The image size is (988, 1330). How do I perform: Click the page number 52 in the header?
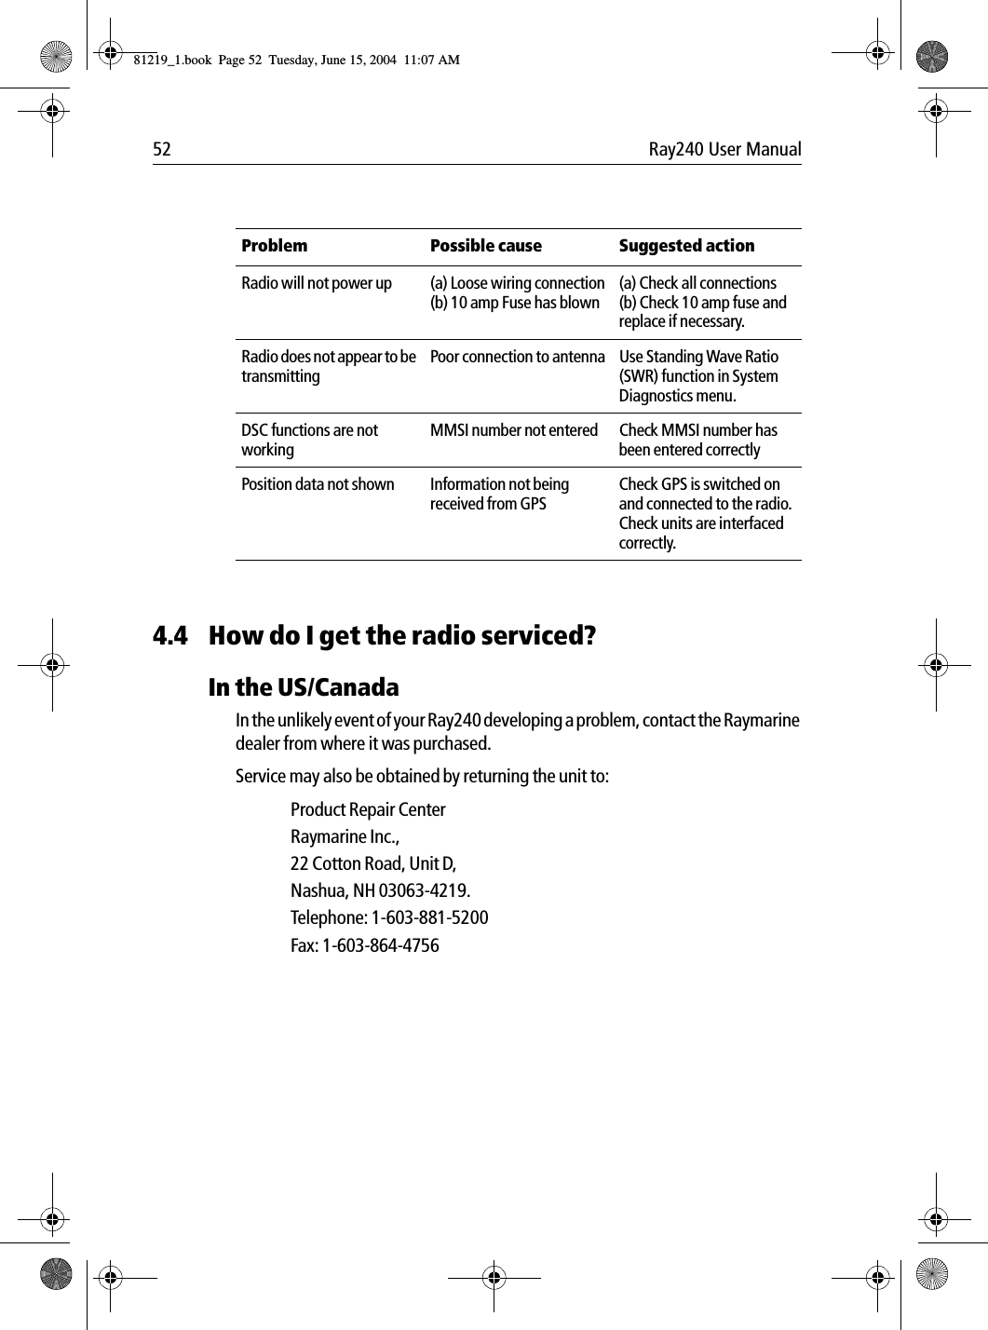[x=162, y=150]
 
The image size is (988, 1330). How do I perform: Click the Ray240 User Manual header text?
[x=724, y=150]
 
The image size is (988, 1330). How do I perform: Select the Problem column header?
[x=274, y=246]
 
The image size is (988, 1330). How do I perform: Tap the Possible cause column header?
[x=485, y=246]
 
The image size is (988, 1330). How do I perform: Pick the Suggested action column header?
[x=686, y=246]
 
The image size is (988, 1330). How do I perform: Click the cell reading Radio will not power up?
[x=317, y=283]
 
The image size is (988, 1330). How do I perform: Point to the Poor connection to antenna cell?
[x=517, y=357]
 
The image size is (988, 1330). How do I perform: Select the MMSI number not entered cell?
[x=513, y=430]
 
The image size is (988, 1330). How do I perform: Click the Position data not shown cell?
[x=318, y=484]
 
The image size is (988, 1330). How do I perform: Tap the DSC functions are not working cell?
[x=309, y=440]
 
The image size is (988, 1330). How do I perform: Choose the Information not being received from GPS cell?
[x=498, y=494]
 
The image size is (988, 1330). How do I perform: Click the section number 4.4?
[x=169, y=637]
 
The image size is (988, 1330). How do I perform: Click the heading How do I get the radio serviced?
[x=402, y=637]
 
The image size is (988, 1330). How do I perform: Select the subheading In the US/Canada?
[x=304, y=688]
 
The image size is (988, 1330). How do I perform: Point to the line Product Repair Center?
[x=368, y=809]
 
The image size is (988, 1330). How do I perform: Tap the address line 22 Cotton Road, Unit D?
[x=373, y=863]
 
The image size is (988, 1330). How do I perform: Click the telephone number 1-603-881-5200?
[x=429, y=918]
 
